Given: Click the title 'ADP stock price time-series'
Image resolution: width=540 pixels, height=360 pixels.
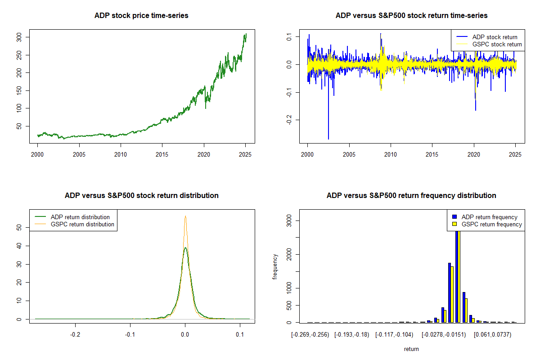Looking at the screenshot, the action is pyautogui.click(x=141, y=16).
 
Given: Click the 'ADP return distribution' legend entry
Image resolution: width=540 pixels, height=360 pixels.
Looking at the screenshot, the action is pyautogui.click(x=72, y=217).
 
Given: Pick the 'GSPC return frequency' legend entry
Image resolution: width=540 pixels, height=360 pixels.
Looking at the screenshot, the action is pyautogui.click(x=487, y=224).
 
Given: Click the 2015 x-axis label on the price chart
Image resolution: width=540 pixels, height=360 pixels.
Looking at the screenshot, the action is pyautogui.click(x=162, y=154).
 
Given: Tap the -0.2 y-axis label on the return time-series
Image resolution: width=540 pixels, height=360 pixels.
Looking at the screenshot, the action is pyautogui.click(x=289, y=120).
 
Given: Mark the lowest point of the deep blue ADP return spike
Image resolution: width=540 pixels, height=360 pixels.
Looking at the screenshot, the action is pyautogui.click(x=328, y=139).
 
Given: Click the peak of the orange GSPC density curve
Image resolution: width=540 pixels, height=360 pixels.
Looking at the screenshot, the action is pyautogui.click(x=185, y=216).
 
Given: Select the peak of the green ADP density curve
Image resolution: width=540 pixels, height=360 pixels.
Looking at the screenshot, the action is pyautogui.click(x=185, y=247).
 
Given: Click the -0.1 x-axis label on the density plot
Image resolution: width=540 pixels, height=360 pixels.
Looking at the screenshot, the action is pyautogui.click(x=130, y=335).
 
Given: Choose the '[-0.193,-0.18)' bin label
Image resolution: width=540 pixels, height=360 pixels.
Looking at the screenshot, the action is pyautogui.click(x=352, y=335).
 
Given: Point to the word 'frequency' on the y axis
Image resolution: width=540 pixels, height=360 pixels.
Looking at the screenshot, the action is pyautogui.click(x=274, y=266).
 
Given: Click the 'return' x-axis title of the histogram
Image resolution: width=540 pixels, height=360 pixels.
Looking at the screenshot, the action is pyautogui.click(x=411, y=349).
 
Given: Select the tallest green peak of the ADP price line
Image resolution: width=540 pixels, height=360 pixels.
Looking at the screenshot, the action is pyautogui.click(x=246, y=34).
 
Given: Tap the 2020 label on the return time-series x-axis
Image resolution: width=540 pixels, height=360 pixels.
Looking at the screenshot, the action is pyautogui.click(x=474, y=154).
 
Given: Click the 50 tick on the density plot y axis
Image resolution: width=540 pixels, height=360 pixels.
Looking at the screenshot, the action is pyautogui.click(x=19, y=227).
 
